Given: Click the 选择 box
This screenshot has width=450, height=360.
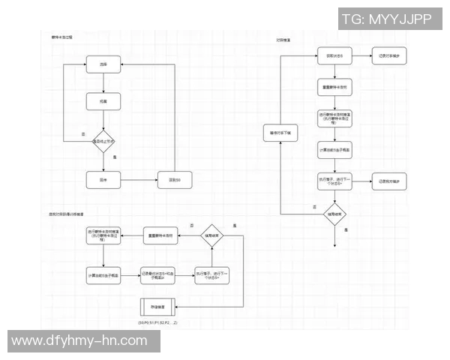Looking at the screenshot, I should (x=103, y=66).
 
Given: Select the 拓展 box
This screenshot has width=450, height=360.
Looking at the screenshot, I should (x=103, y=101).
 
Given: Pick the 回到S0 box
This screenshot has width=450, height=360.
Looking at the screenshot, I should (x=175, y=180).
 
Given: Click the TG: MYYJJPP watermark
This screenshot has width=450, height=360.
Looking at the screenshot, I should (x=388, y=19).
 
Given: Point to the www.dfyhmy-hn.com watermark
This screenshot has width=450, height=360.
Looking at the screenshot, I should (x=79, y=340).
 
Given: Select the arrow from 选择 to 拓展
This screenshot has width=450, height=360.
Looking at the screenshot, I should (x=103, y=83).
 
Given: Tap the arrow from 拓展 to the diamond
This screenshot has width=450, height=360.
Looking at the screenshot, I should (x=103, y=118).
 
